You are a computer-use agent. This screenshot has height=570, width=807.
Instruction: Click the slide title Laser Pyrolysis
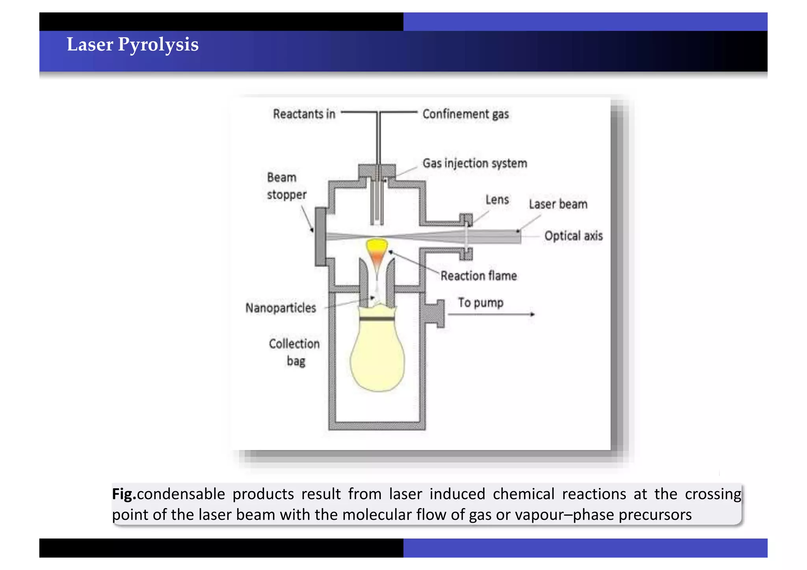click(132, 45)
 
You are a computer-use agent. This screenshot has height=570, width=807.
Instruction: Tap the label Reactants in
click(304, 114)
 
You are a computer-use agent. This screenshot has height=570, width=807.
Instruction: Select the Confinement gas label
click(465, 114)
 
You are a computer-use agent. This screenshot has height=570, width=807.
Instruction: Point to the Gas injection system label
click(474, 163)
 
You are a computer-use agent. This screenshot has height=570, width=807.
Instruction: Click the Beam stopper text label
click(286, 186)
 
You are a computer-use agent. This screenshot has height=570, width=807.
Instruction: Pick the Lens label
click(497, 200)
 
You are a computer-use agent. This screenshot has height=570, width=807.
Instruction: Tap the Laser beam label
click(558, 204)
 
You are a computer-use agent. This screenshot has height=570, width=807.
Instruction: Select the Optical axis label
click(573, 236)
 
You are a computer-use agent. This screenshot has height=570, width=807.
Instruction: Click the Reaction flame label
click(478, 276)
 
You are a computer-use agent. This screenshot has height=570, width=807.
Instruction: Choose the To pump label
click(480, 303)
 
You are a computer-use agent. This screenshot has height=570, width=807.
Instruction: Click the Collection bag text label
click(294, 352)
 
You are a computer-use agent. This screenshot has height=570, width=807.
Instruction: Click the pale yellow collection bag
click(377, 358)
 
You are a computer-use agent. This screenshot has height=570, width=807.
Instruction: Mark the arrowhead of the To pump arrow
click(532, 314)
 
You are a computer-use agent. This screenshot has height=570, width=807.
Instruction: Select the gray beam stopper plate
click(320, 236)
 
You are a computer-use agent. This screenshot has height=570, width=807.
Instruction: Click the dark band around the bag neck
click(377, 319)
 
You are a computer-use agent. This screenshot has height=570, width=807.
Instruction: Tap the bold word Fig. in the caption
click(124, 494)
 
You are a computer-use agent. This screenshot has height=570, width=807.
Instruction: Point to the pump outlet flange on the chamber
click(435, 314)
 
